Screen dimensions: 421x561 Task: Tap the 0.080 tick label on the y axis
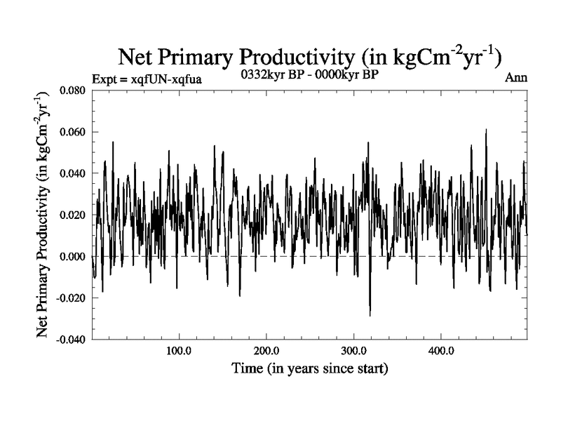click(x=73, y=91)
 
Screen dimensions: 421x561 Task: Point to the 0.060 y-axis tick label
click(x=73, y=132)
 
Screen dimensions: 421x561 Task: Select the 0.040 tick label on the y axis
click(x=73, y=173)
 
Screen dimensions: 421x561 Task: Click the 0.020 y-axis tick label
click(x=73, y=215)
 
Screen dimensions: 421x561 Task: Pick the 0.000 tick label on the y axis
click(x=73, y=256)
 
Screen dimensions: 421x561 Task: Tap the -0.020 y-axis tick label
click(x=72, y=298)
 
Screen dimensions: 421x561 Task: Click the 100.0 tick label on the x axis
click(x=179, y=351)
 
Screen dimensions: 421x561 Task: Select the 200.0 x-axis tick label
click(x=266, y=351)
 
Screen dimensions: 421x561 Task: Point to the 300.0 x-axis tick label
click(x=353, y=351)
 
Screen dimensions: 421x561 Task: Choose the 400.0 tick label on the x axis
click(x=440, y=351)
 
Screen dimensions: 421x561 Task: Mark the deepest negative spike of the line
click(x=370, y=315)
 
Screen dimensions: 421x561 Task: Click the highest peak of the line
click(x=485, y=130)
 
